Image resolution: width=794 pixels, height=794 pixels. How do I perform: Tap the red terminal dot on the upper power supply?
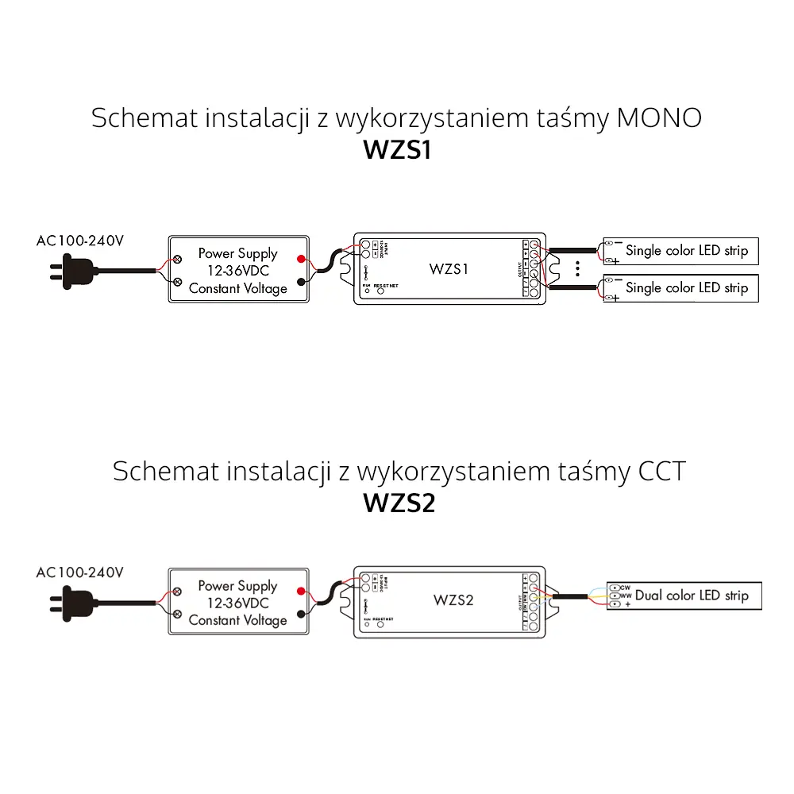pos(301,260)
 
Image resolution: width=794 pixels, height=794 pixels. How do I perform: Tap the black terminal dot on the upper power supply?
pos(301,282)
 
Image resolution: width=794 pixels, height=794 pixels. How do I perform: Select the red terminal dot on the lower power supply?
pos(301,591)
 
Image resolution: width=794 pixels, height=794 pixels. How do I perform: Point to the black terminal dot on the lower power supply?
pos(301,614)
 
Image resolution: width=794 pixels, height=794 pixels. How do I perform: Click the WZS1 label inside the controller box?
pos(449,268)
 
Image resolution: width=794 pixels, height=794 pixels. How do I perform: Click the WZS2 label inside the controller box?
pos(453,599)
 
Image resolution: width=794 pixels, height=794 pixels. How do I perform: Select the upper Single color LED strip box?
pos(681,251)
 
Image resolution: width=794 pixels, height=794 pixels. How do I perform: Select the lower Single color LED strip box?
pos(681,287)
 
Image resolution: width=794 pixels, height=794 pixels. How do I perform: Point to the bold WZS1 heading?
pos(397,151)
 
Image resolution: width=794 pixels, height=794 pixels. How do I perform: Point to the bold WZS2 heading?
pos(399,503)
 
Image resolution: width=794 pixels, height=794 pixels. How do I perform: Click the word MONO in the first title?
pos(659,118)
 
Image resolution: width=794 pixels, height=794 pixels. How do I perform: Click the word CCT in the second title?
pos(661,471)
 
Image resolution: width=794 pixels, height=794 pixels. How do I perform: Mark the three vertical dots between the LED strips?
pos(578,268)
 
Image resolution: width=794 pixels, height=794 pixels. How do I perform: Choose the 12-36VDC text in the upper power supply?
pos(237,271)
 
